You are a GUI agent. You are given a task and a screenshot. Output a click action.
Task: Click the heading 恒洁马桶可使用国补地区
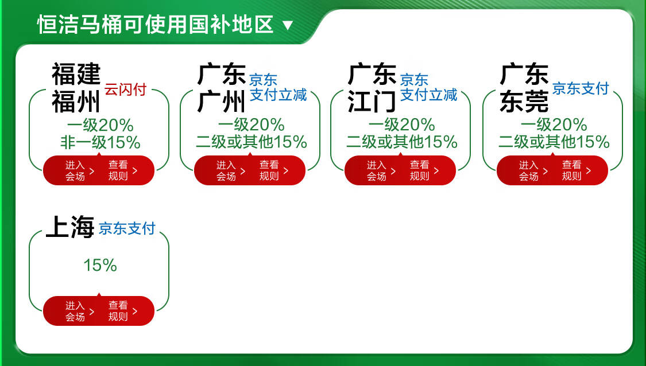coord(155,24)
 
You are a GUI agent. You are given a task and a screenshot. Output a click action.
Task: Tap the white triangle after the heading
coord(288,26)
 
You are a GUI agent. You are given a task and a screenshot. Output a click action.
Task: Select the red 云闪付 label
coord(125,89)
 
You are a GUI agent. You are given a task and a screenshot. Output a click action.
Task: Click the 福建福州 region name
coord(76,88)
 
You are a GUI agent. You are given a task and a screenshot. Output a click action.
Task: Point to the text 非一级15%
coord(100,143)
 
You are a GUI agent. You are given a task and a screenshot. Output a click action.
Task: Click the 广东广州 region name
coord(222,88)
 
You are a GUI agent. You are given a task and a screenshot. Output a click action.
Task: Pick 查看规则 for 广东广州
coord(274,170)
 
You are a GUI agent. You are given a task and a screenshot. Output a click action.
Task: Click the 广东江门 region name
coord(372,88)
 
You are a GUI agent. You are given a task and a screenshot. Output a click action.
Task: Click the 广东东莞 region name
coord(524,88)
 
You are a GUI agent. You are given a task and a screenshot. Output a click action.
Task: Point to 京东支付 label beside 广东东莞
coord(581,88)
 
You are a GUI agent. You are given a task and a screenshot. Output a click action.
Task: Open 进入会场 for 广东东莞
coord(533,170)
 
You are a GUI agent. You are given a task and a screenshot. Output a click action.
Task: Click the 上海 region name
coord(70,227)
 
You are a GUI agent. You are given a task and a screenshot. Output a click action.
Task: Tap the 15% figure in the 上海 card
coord(100,265)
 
